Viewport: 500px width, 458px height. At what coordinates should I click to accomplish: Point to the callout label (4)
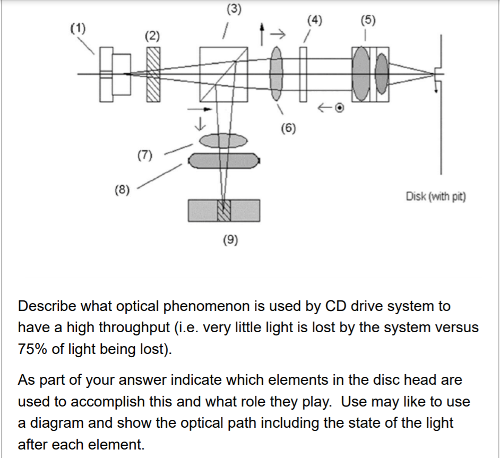314,21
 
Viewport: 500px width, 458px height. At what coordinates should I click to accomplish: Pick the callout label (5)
367,21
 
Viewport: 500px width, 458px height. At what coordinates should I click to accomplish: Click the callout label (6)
289,128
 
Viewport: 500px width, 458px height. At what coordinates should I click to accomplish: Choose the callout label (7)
144,155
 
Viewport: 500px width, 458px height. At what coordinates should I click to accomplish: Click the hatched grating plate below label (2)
153,74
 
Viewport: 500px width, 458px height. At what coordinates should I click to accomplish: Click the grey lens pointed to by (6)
276,74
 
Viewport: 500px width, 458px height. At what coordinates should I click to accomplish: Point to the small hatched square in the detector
224,210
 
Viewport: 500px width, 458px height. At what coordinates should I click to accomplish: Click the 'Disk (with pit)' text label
435,197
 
